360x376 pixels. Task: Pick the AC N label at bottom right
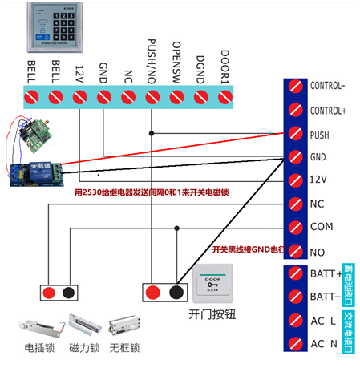(322, 344)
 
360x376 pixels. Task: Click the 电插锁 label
(39, 348)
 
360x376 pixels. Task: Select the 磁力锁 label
(83, 348)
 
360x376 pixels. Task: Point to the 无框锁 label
(125, 348)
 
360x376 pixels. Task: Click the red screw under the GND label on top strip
(103, 98)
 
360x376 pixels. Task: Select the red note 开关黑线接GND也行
(249, 249)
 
